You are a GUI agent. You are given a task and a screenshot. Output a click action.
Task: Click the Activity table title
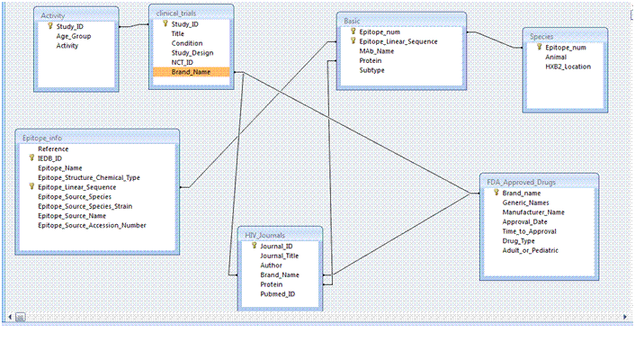click(53, 15)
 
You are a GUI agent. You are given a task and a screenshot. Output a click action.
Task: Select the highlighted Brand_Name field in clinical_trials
click(191, 72)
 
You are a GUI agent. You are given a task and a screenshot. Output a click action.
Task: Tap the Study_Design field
click(192, 52)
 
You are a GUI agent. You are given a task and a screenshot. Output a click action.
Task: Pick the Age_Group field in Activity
click(73, 36)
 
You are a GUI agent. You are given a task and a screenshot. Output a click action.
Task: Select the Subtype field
click(372, 69)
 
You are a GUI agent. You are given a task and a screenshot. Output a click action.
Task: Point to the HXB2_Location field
click(568, 66)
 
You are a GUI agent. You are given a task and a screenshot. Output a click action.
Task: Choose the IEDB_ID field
click(49, 157)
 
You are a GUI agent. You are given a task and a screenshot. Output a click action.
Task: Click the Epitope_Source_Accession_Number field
click(92, 225)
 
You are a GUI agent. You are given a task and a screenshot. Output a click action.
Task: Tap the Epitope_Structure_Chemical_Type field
click(88, 177)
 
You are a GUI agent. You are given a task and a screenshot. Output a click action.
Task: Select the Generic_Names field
click(527, 202)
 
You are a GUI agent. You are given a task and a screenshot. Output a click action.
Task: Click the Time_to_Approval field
click(530, 231)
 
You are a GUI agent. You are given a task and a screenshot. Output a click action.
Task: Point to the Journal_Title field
click(279, 256)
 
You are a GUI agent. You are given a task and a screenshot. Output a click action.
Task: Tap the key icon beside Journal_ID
click(254, 246)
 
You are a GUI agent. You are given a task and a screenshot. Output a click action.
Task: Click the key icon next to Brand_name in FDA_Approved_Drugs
click(496, 193)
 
